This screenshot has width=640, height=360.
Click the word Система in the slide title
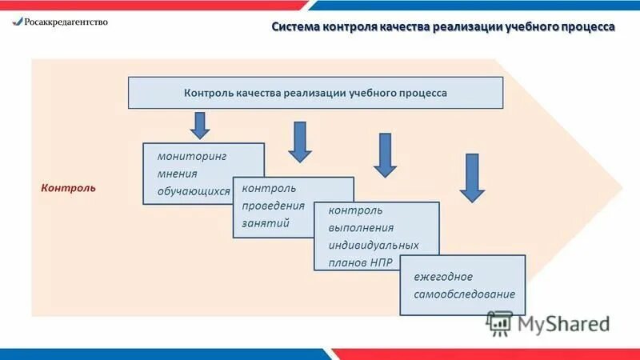point(295,26)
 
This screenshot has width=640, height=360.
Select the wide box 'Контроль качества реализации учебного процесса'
point(315,93)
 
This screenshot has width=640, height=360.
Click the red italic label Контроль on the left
point(68,188)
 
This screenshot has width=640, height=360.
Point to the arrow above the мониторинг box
point(200,125)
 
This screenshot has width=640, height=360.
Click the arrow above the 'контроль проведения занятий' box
point(300,141)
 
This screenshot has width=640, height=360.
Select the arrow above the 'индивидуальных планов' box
point(385,155)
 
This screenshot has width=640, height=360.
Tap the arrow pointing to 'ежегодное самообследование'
point(472,178)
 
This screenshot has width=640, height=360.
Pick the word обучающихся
point(194,192)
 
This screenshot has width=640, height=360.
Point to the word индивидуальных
point(373,245)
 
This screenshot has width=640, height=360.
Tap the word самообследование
point(464,294)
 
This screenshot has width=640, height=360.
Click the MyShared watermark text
point(563,323)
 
